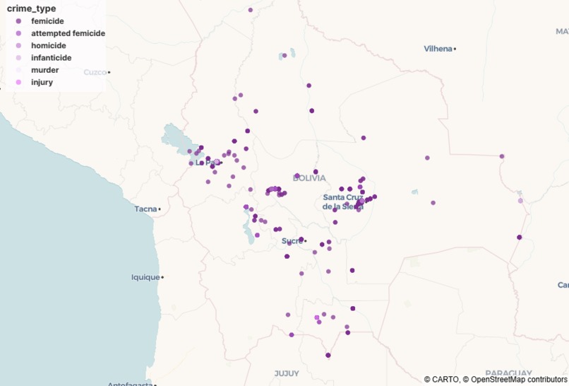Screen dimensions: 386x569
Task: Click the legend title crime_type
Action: [31, 8]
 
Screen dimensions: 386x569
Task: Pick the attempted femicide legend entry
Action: [68, 33]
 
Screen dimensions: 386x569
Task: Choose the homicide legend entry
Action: [48, 45]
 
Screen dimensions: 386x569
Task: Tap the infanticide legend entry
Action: [51, 57]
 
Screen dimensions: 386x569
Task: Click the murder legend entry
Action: [44, 70]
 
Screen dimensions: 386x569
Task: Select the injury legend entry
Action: [42, 82]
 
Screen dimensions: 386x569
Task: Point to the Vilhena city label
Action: [438, 49]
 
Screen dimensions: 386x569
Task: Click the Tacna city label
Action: [145, 209]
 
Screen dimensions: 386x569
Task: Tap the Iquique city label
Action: [145, 277]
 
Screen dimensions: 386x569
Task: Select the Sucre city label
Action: [292, 241]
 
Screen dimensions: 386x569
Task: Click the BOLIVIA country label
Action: [309, 178]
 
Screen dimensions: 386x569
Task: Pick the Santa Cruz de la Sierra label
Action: [342, 201]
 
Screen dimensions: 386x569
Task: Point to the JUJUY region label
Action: [287, 373]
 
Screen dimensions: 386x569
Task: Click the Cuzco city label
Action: [95, 72]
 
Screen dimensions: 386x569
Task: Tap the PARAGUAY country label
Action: [508, 373]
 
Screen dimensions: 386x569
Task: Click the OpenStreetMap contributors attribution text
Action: [518, 380]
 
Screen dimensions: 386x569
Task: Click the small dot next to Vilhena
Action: [455, 49]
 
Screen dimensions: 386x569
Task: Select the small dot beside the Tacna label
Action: [160, 209]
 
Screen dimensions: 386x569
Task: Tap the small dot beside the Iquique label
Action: [162, 277]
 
